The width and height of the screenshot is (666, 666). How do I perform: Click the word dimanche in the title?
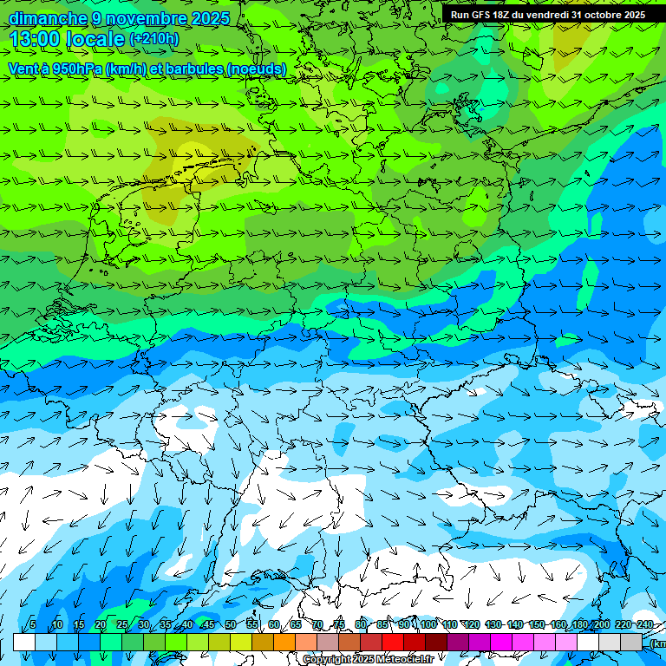point(48,18)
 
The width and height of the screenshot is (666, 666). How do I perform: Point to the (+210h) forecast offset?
point(154,39)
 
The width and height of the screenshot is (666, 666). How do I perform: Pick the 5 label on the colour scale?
point(33,624)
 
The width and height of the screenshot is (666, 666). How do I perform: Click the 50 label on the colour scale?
point(230,624)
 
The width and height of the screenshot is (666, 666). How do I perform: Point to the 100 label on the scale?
point(428,624)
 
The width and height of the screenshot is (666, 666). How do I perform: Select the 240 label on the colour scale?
point(645,624)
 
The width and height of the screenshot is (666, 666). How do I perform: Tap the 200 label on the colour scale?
point(602,624)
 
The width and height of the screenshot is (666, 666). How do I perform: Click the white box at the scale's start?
point(24,642)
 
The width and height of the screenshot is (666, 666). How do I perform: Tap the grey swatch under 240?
point(631,642)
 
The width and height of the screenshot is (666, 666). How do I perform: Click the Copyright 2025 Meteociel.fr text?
point(369,660)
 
